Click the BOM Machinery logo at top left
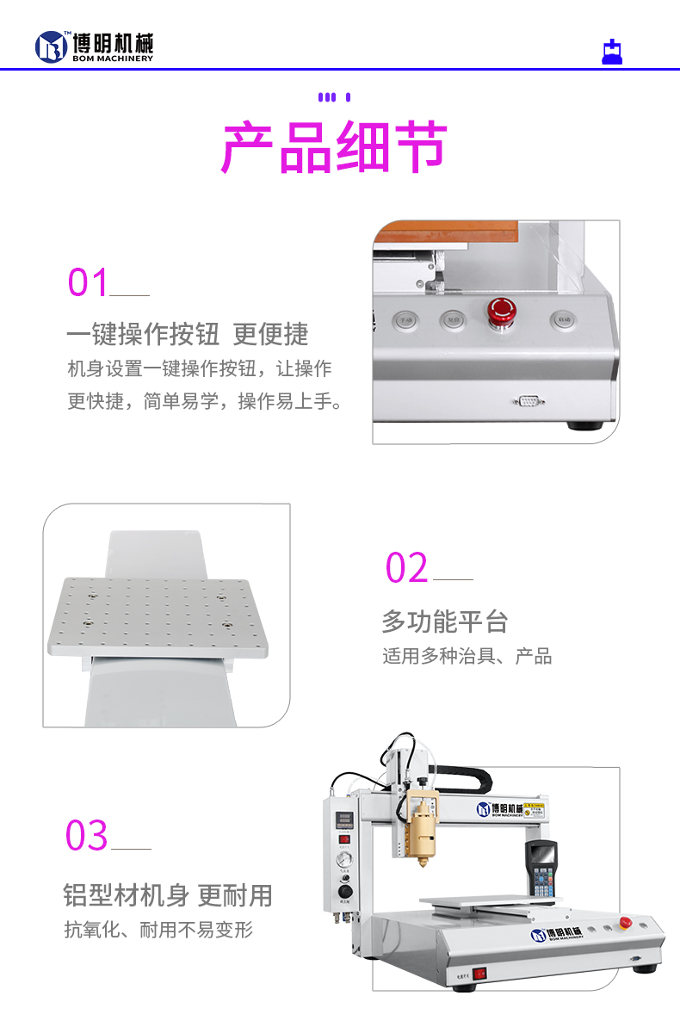point(94,46)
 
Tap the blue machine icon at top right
point(611,52)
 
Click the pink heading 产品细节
point(335,148)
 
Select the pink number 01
point(89,282)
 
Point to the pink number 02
point(406,568)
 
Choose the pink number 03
point(87,836)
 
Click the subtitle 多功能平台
point(444,621)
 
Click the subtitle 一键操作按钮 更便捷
point(187,334)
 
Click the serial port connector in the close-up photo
point(528,400)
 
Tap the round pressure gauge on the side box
point(344,861)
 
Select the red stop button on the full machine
point(626,923)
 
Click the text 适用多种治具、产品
point(467,656)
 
